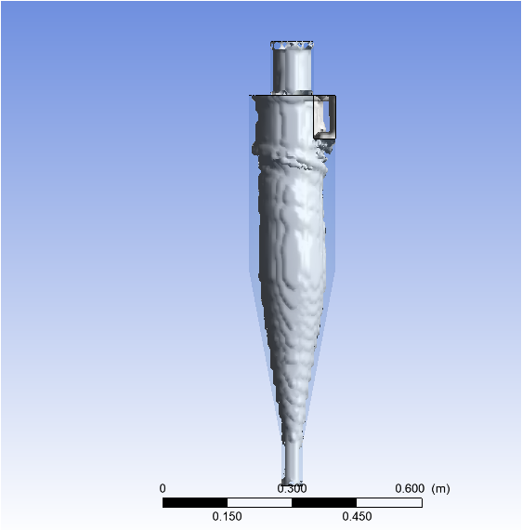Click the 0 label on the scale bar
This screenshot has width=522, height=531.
point(163,488)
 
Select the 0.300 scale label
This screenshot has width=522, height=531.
point(292,488)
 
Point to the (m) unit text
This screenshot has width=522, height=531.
point(440,488)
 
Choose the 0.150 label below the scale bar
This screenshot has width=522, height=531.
point(227,517)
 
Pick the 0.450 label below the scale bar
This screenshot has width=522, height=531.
point(357,517)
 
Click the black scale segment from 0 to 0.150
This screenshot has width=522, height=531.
point(194,502)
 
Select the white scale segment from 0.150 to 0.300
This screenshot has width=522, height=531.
point(259,502)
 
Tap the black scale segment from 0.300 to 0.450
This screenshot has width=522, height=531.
point(324,502)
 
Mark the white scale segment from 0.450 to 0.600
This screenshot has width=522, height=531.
point(389,502)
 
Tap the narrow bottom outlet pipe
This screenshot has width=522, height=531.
point(293,461)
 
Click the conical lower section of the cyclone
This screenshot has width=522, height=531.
point(293,353)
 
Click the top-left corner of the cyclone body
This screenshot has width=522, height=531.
point(251,96)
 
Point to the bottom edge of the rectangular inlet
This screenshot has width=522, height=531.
point(326,138)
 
